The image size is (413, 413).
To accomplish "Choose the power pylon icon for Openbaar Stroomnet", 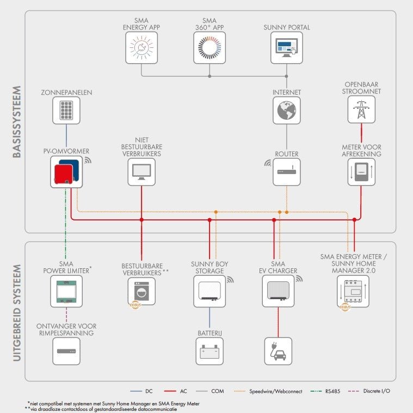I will pos(361,109).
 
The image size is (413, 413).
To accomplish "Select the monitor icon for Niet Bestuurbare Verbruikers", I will pos(141,172).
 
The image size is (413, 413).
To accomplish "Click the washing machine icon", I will pos(141,292).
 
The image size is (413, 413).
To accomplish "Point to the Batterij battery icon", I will pos(209,351).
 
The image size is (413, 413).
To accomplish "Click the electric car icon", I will pos(278,351).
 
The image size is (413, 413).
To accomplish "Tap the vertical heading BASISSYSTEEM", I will pos(16,122).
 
